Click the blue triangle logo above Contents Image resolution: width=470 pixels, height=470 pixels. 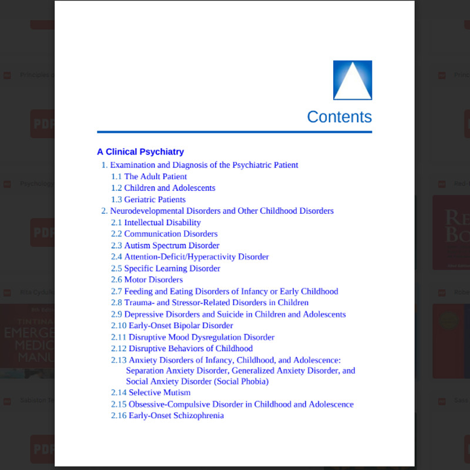pos(352,80)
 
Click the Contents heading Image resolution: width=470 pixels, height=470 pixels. pos(339,117)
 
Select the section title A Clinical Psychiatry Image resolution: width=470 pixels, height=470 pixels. pos(140,152)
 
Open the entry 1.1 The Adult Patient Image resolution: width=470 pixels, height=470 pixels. pos(149,176)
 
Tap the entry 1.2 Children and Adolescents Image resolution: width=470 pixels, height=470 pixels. pos(163,188)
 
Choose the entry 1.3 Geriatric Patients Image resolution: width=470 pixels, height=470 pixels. pos(148,200)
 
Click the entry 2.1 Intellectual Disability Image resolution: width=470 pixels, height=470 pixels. pos(156,223)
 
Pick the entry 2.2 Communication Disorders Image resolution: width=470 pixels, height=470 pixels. pos(164,234)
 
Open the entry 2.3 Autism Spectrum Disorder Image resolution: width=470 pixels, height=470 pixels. pos(165,246)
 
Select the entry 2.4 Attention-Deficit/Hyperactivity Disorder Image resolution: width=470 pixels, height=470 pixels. pos(190,257)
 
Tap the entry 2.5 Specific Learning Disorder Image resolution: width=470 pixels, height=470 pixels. pos(166,268)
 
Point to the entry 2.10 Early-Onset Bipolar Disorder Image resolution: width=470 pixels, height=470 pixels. pos(172,325)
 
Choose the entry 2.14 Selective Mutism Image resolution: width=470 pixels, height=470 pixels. pos(151,392)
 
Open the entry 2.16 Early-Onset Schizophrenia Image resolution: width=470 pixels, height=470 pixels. pos(167,415)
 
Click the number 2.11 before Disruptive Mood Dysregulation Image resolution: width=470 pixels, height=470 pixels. pos(119,337)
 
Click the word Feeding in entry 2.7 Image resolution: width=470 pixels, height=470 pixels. pos(139,291)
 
